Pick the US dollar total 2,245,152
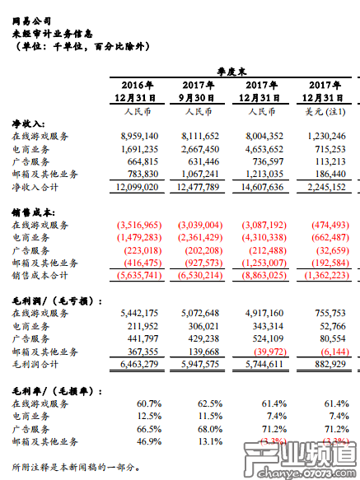pyautogui.click(x=326, y=185)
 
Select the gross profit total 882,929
pyautogui.click(x=332, y=362)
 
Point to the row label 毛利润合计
pyautogui.click(x=40, y=362)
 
